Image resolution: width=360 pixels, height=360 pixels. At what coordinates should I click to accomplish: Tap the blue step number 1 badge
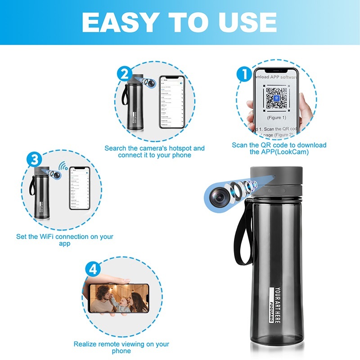pos(244,73)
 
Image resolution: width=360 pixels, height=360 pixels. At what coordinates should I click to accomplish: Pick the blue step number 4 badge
pos(92,270)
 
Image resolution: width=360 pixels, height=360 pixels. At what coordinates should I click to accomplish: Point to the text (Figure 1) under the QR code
pos(277,117)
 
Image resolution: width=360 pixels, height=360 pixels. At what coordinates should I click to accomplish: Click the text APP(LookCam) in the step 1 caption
pos(285,152)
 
